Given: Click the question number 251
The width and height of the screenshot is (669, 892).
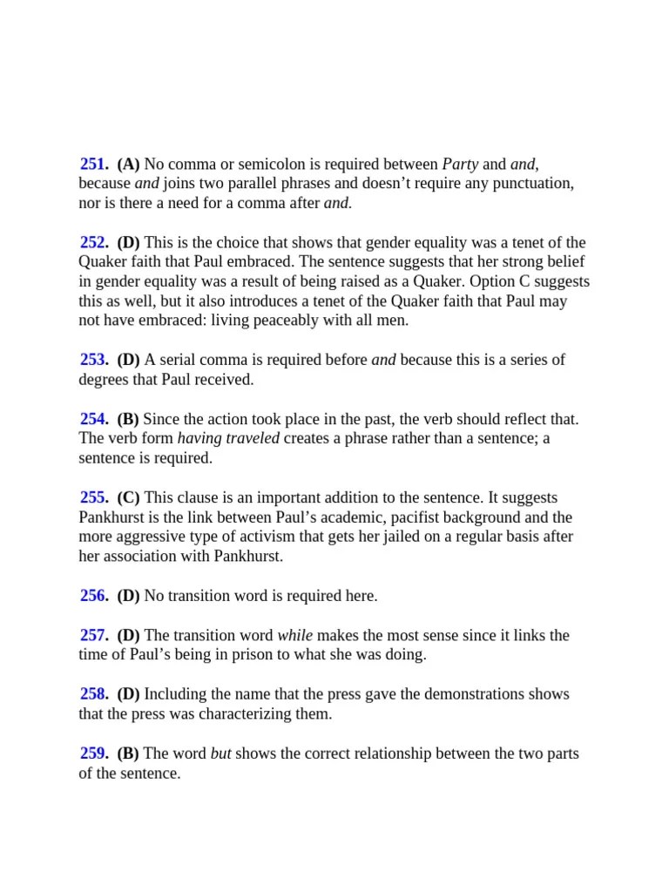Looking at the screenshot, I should [94, 164].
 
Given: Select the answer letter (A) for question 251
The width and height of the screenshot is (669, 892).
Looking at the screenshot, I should [128, 164].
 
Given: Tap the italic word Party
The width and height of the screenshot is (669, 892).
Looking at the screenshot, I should [460, 164].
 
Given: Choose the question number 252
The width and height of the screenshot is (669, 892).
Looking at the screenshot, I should [94, 242].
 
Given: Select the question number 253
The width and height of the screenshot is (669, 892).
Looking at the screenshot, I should [94, 360].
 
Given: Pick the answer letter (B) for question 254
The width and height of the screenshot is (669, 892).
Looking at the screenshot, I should [128, 419].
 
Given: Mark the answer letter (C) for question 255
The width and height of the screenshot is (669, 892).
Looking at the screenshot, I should [128, 497].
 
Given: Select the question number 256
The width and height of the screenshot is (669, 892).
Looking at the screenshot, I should [94, 596].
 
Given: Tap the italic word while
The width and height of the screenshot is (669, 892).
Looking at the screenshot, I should [294, 635].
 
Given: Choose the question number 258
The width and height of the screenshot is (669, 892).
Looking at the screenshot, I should [94, 694].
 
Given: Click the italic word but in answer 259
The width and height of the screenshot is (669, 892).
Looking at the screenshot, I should [221, 753].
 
